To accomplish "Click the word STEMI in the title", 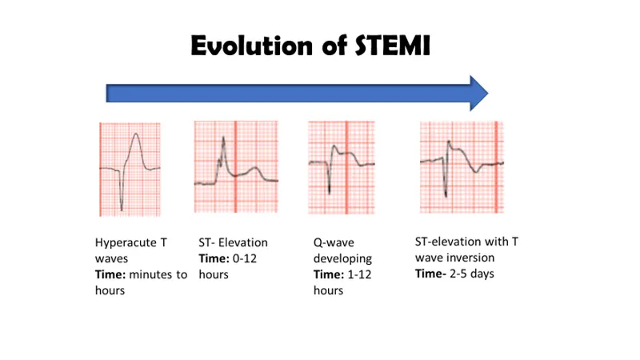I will click(392, 47).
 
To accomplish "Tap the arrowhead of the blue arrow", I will click(478, 93).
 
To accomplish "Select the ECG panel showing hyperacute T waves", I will click(130, 169).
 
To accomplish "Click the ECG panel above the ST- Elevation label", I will click(236, 166).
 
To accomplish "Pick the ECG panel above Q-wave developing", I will click(343, 166).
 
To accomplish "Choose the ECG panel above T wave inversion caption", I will click(462, 167).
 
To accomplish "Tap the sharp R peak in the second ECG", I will click(224, 138).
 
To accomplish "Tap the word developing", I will click(342, 258).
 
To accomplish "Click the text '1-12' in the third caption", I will click(358, 274).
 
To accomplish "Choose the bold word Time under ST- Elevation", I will click(212, 258).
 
